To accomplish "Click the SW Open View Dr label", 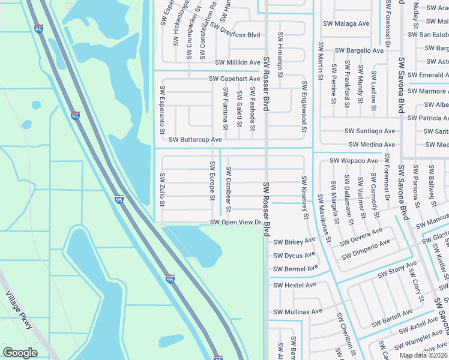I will coord(237,223).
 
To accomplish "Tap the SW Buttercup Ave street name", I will coord(196,139).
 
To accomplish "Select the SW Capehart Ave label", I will coord(234,79).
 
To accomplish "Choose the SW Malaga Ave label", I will coord(346,23).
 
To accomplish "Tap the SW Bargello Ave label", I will coord(359,50).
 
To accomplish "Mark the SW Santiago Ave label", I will coord(370,131).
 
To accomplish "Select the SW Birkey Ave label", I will coord(294,242).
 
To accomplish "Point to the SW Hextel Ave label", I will coord(294,285).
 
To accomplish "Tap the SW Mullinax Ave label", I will coord(298,311).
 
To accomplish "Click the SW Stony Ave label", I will coord(397,270).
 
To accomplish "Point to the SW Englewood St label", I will coord(304,107).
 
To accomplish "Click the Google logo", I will coord(20,353).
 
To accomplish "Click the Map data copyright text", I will coord(423,355).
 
